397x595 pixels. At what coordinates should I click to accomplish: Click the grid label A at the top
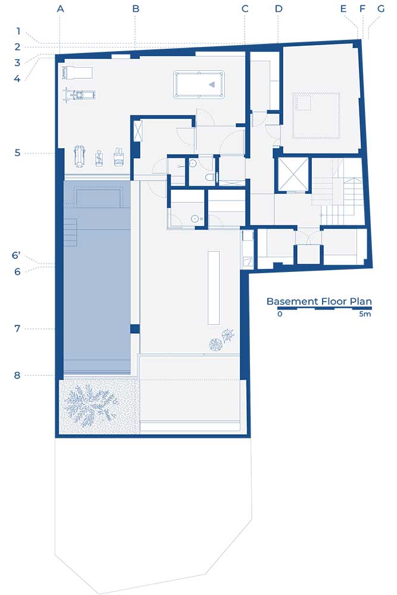(60, 8)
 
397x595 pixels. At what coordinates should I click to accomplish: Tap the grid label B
(136, 8)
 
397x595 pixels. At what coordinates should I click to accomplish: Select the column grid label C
(245, 8)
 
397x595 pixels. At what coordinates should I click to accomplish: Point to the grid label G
(381, 8)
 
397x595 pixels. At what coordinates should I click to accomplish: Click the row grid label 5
(17, 153)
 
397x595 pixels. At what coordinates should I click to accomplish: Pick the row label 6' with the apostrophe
(16, 255)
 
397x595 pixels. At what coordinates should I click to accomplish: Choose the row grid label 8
(17, 375)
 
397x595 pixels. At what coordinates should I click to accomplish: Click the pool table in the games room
(199, 84)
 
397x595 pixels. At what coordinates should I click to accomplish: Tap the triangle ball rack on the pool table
(212, 84)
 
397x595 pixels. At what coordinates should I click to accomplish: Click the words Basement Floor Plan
(319, 301)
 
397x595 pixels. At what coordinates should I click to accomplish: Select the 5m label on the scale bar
(365, 314)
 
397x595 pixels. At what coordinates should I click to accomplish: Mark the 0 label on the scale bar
(280, 314)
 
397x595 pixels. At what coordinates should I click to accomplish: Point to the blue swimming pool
(97, 277)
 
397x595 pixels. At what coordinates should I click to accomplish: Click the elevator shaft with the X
(293, 174)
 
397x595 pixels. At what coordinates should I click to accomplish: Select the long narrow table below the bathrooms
(214, 287)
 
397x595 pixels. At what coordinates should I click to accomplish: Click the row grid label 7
(17, 328)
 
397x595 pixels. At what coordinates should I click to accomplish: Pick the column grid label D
(279, 8)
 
